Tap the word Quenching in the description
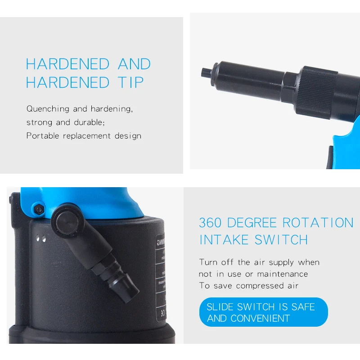[48, 109]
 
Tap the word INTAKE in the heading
[225, 240]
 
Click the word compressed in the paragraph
[260, 286]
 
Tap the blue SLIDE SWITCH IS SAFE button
[263, 312]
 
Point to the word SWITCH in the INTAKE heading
[281, 240]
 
